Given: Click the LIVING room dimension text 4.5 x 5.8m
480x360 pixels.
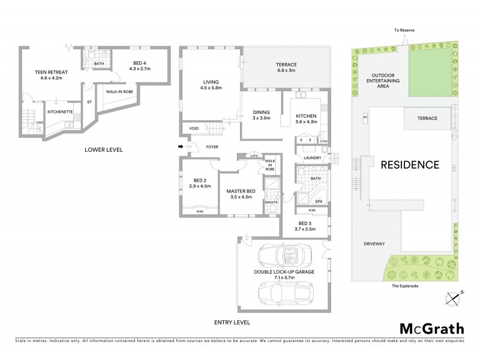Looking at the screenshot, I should point(211,89).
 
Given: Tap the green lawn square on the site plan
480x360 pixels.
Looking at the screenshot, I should point(431,71).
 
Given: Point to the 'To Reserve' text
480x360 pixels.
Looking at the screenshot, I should point(404,29).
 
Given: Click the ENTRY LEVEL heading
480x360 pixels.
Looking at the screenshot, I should point(232,323).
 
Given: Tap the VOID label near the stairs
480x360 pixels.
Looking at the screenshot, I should point(194,128).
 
